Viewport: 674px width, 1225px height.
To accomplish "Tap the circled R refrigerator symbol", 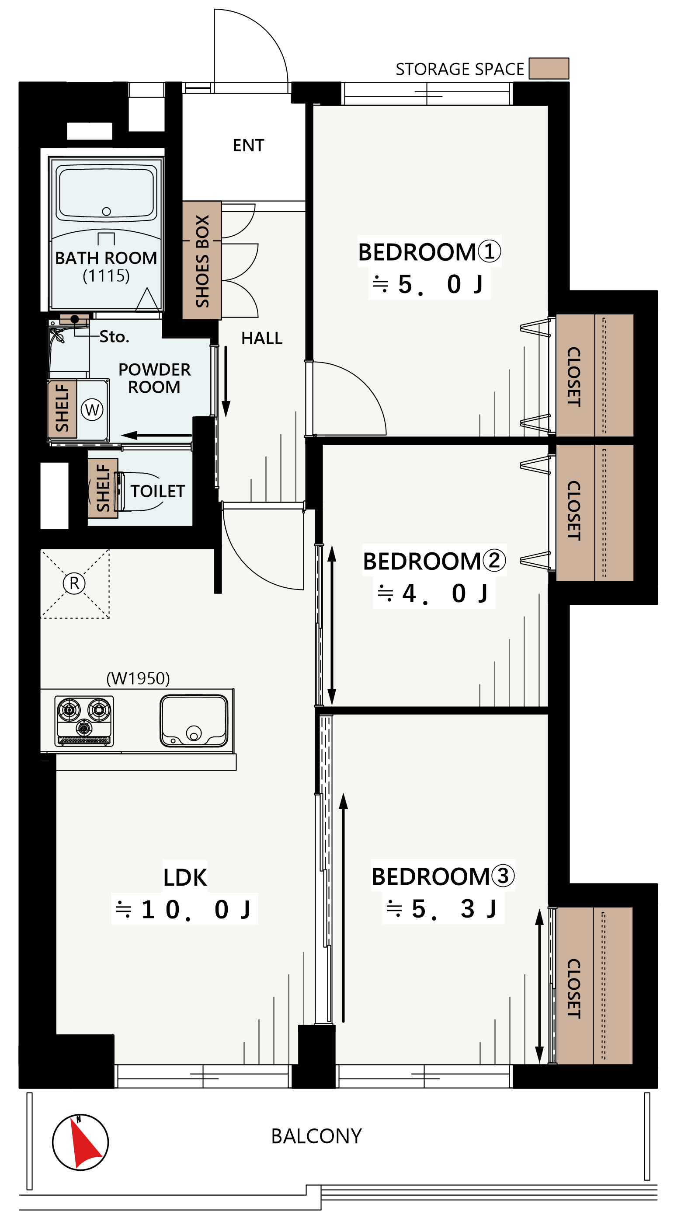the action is [74, 583].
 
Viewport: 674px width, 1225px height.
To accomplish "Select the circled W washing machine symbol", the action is [92, 409].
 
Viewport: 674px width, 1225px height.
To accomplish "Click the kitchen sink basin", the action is [194, 720].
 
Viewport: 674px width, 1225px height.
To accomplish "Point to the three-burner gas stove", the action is [84, 720].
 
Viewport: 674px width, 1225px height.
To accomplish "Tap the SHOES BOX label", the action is [202, 261].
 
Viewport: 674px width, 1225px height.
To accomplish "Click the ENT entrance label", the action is [248, 145].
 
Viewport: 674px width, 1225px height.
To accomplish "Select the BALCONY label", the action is [316, 1136].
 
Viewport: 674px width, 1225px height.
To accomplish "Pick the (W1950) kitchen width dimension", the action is [138, 678].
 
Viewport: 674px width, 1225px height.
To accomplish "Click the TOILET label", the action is [157, 491].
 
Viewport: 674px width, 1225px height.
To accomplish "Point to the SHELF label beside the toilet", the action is [103, 488].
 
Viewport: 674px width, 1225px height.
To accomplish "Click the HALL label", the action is [262, 338].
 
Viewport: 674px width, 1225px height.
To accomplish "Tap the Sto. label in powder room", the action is [114, 337].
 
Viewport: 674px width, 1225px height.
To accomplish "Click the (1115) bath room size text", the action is [106, 276].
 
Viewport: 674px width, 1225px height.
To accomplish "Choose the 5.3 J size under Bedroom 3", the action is [442, 909].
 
